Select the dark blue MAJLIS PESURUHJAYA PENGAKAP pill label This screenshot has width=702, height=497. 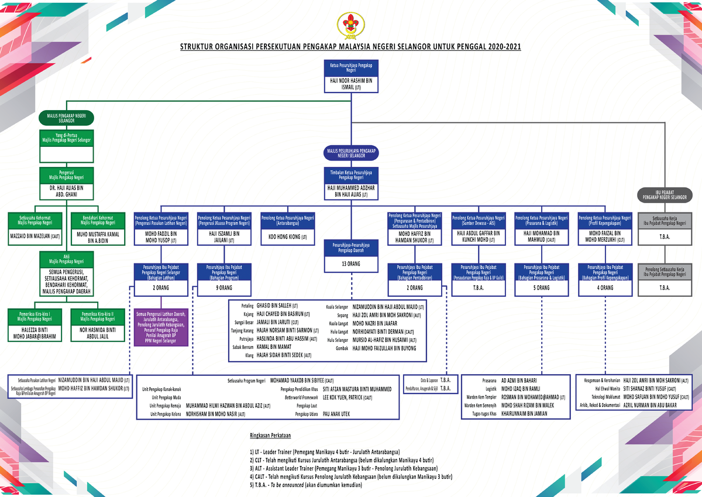(351, 153)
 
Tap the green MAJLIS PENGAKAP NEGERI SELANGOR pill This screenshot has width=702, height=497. (66, 118)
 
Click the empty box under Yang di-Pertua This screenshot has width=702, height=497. (66, 154)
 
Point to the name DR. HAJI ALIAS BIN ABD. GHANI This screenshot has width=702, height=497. (66, 191)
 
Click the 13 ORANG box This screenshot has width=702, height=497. (351, 264)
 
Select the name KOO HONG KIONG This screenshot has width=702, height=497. (287, 237)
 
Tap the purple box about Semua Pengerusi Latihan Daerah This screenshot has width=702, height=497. (160, 328)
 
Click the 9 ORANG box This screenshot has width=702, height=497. (223, 288)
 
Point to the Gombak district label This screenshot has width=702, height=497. (340, 348)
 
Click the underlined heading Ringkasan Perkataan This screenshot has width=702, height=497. (270, 436)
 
